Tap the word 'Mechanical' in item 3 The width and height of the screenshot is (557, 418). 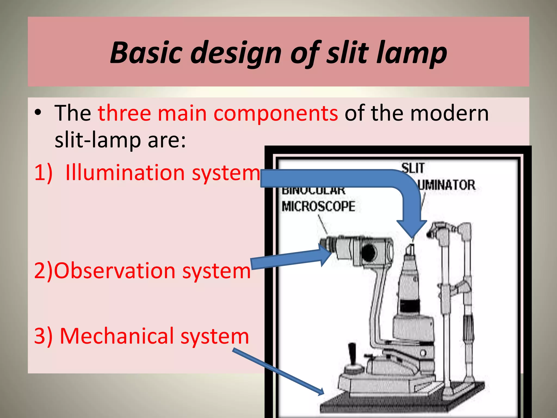(117, 336)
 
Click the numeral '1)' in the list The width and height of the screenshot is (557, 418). (43, 173)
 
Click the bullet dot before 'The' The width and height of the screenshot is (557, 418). (38, 113)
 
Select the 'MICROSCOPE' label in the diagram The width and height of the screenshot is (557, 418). (318, 206)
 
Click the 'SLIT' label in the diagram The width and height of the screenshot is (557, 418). (413, 168)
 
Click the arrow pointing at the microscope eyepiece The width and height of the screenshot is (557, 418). (291, 259)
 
